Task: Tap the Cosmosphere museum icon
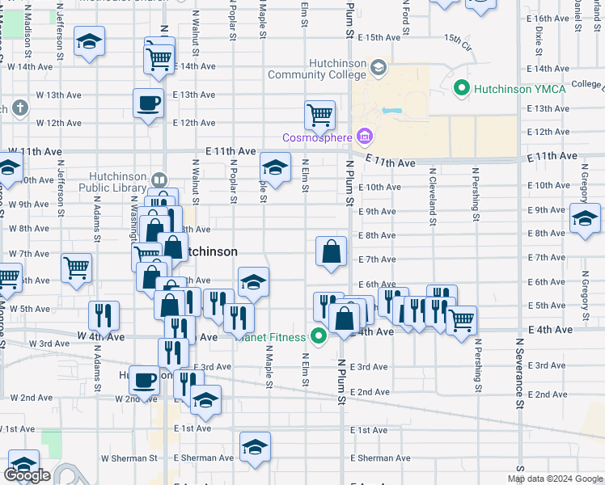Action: [x=363, y=137]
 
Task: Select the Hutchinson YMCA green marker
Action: [x=462, y=87]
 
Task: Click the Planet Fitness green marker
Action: [x=319, y=337]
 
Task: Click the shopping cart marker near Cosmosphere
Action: [x=319, y=115]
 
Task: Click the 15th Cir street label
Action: [x=456, y=39]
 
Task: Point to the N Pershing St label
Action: [x=476, y=195]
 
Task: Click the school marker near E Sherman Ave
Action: [x=255, y=447]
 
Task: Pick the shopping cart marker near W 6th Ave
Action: [x=76, y=267]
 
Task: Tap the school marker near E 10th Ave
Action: [x=275, y=169]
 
